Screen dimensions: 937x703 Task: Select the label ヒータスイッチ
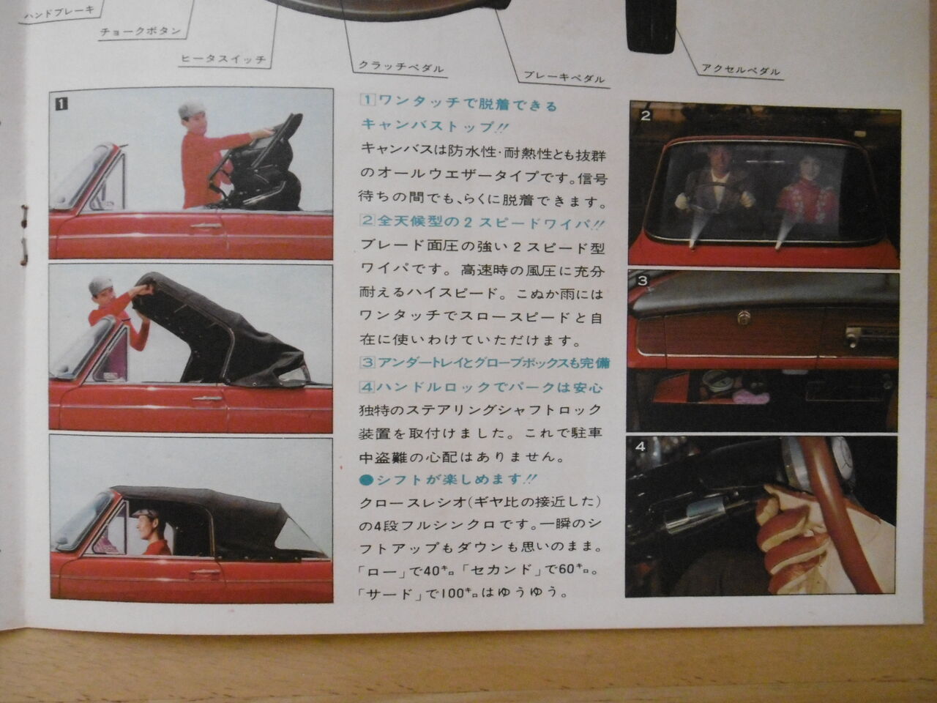[223, 59]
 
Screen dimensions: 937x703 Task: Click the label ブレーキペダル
[564, 77]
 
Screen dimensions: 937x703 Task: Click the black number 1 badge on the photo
[61, 104]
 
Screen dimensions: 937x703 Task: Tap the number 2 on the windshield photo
[646, 115]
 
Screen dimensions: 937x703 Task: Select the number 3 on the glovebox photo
[643, 280]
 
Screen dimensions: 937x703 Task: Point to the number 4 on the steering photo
[641, 447]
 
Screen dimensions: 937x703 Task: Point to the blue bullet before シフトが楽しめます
[366, 480]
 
